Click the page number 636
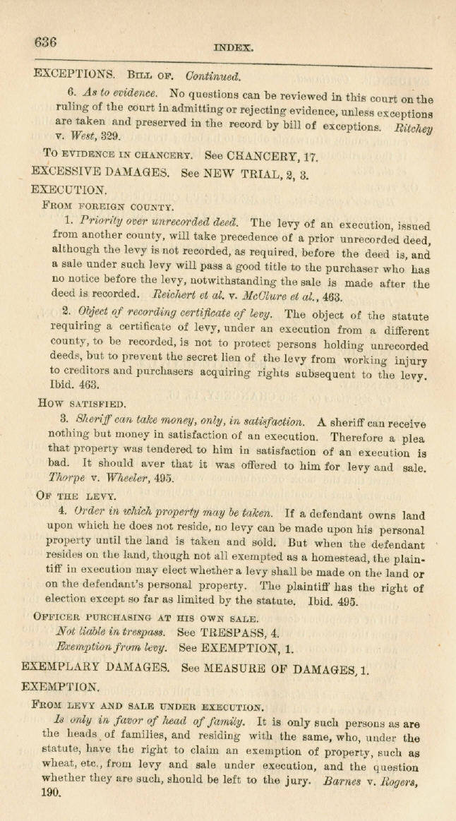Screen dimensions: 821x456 (x=45, y=42)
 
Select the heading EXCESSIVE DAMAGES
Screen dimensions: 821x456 (x=100, y=171)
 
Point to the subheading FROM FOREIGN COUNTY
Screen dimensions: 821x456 (x=107, y=207)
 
